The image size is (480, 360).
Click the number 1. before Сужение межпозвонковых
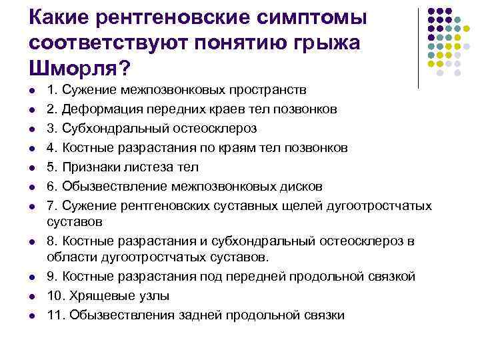53,90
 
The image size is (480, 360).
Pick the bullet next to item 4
32,147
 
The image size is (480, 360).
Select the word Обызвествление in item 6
108,186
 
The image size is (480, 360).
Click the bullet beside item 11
32,315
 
